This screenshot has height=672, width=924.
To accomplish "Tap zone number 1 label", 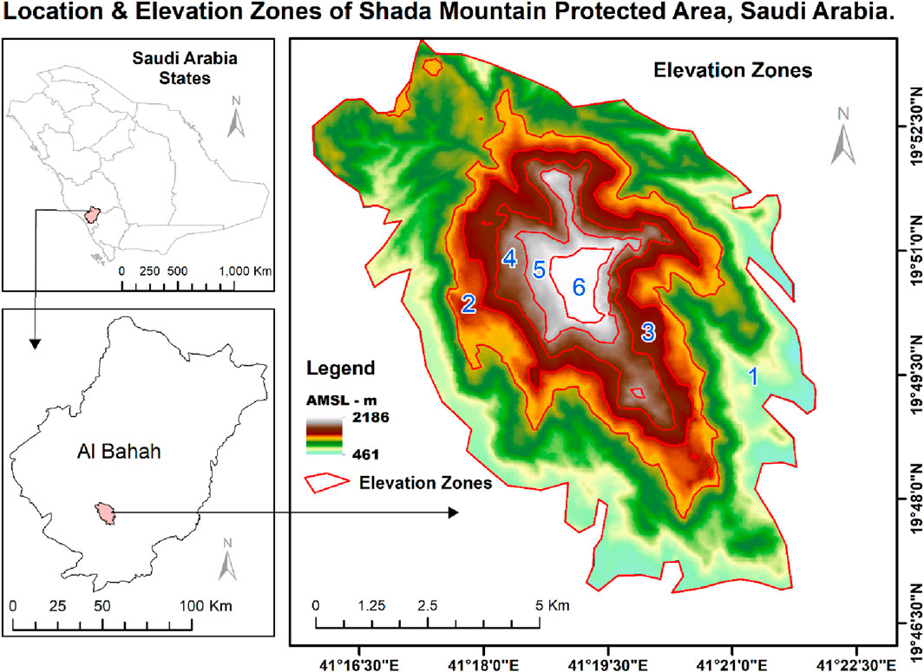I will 753,375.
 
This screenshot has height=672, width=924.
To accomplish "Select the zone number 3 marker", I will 647,330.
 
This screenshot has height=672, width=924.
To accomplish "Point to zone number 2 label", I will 469,303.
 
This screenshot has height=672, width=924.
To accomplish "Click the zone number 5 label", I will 539,271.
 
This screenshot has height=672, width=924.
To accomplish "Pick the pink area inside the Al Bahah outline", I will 104,512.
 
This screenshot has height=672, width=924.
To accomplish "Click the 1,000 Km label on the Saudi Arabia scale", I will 246,271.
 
